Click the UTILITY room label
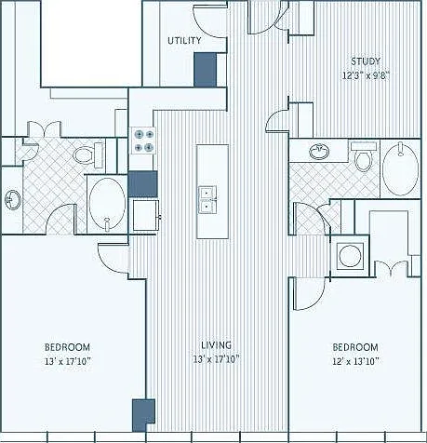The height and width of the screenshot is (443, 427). (x=184, y=41)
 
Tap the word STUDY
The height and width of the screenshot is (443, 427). (x=366, y=61)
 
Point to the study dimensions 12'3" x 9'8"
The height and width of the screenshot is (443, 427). (x=366, y=75)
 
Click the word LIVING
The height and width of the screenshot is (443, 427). (x=216, y=345)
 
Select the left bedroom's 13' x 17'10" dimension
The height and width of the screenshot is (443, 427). (x=68, y=361)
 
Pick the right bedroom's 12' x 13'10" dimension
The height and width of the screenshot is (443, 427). (x=355, y=361)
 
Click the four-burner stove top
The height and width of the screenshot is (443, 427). (x=143, y=141)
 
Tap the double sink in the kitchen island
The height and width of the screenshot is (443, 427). (x=207, y=200)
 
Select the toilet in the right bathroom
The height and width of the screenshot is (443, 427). (x=364, y=156)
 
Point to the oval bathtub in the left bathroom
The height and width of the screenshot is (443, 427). (x=107, y=204)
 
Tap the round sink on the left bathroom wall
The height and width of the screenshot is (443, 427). (x=12, y=200)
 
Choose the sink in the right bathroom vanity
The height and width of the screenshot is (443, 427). (x=319, y=152)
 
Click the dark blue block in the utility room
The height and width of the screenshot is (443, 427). (x=205, y=70)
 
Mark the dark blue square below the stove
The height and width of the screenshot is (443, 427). (x=143, y=184)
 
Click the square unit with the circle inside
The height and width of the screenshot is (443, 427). (x=351, y=256)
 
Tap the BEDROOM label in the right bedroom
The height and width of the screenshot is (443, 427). (x=355, y=347)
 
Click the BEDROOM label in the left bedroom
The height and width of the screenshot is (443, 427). (x=68, y=347)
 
